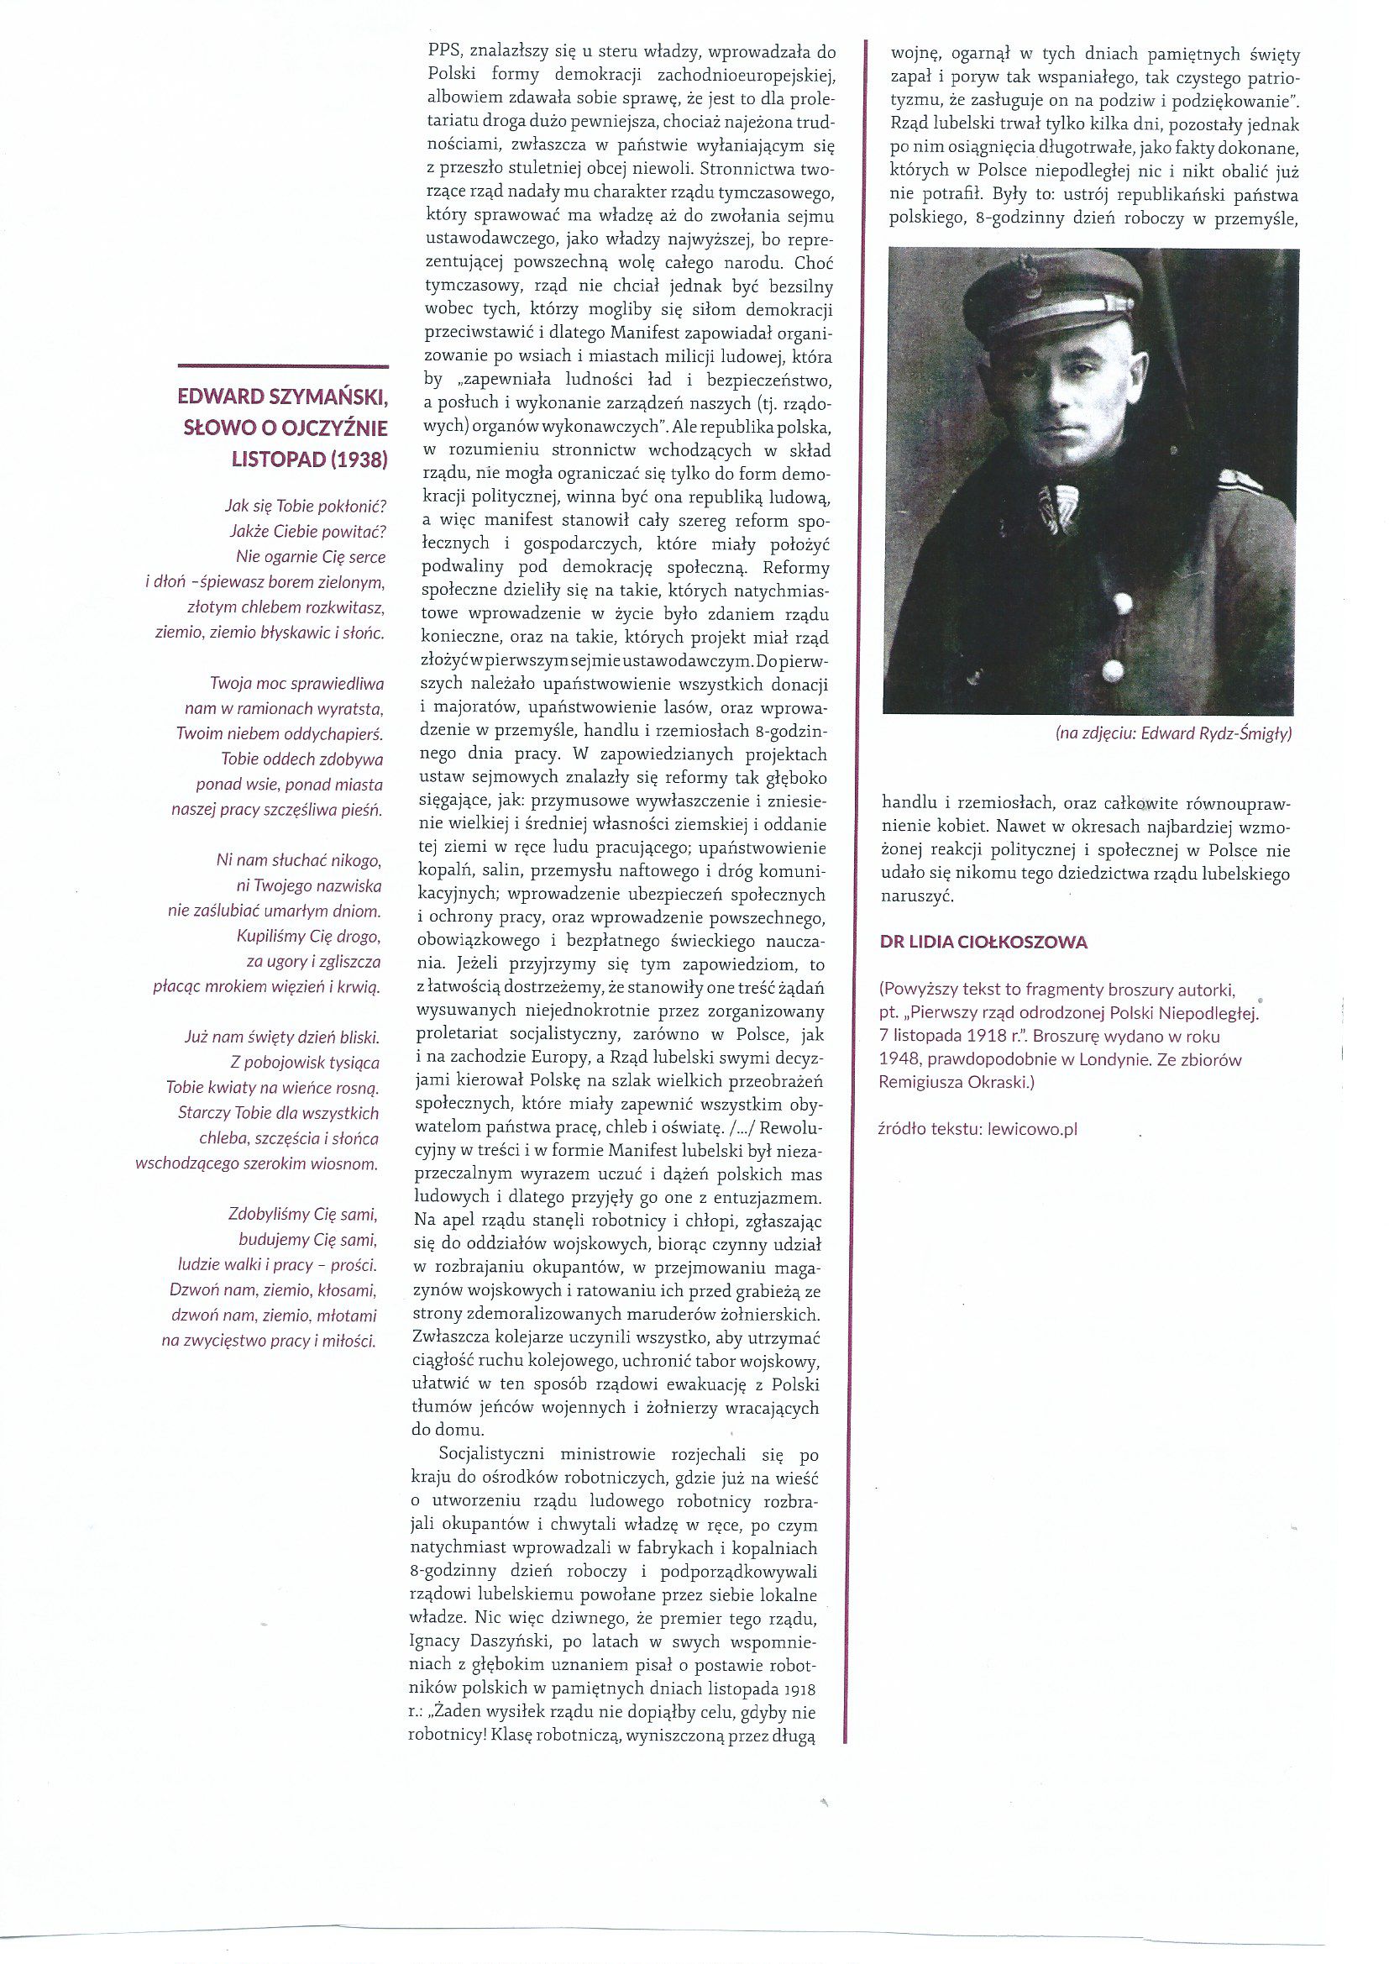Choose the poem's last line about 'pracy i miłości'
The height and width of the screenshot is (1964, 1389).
(269, 1341)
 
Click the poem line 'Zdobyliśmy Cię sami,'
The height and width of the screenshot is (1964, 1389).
(303, 1214)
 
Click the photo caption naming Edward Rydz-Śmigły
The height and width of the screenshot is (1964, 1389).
(1168, 733)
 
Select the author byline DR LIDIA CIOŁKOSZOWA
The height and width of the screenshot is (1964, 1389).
(983, 943)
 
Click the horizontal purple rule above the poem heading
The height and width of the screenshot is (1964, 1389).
(283, 366)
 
